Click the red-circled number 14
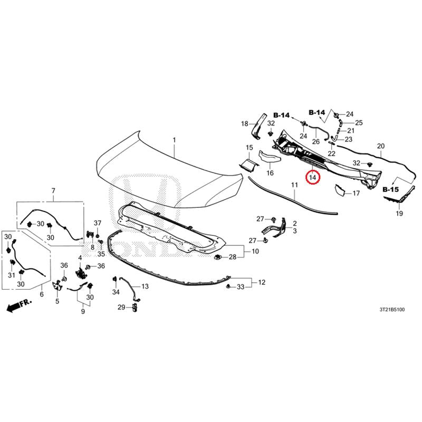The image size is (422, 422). pos(312,178)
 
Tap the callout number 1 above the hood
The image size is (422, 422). pos(174,140)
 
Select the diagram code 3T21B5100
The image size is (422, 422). pos(392,310)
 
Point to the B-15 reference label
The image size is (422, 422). pos(390,190)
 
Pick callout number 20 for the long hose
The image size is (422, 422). pos(381,146)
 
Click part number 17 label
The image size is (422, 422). pos(356,193)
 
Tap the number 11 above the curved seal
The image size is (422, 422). pos(294,185)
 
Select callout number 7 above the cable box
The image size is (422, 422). pos(53,191)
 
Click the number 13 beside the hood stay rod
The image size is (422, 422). pos(145,286)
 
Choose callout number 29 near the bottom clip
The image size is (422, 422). pos(121,307)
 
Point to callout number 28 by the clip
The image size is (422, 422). pos(233,257)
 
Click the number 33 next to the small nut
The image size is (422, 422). pos(241,287)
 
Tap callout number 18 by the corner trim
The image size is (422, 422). pos(244,124)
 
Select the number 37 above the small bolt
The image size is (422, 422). pos(98,223)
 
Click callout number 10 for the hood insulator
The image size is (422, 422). pos(255,252)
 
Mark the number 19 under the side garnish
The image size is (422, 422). pos(399,214)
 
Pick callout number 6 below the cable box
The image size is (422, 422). pos(42,294)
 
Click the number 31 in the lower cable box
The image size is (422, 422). pos(11,275)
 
